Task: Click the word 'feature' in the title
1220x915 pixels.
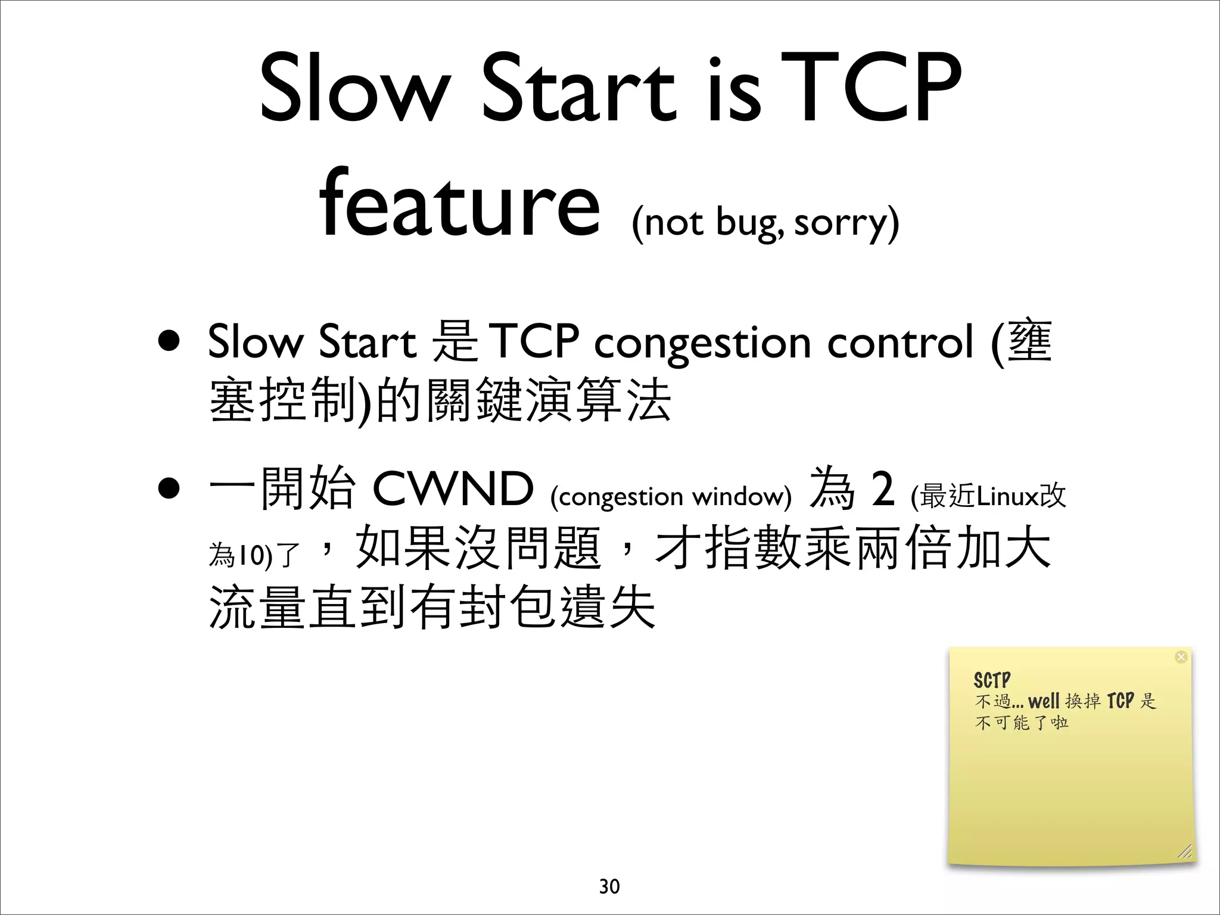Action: click(x=459, y=203)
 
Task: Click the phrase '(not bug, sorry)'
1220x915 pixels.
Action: click(x=765, y=223)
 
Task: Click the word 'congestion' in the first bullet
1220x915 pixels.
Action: click(x=702, y=344)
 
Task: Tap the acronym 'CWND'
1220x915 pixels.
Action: click(x=453, y=488)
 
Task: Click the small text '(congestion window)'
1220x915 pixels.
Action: click(x=671, y=496)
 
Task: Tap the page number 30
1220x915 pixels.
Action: click(x=609, y=886)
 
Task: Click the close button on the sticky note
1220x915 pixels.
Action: click(x=1181, y=657)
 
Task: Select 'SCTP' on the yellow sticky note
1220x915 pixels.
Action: click(x=992, y=680)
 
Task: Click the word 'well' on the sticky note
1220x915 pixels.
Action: click(x=1044, y=701)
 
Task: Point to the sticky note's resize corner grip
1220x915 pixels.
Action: click(x=1185, y=852)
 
